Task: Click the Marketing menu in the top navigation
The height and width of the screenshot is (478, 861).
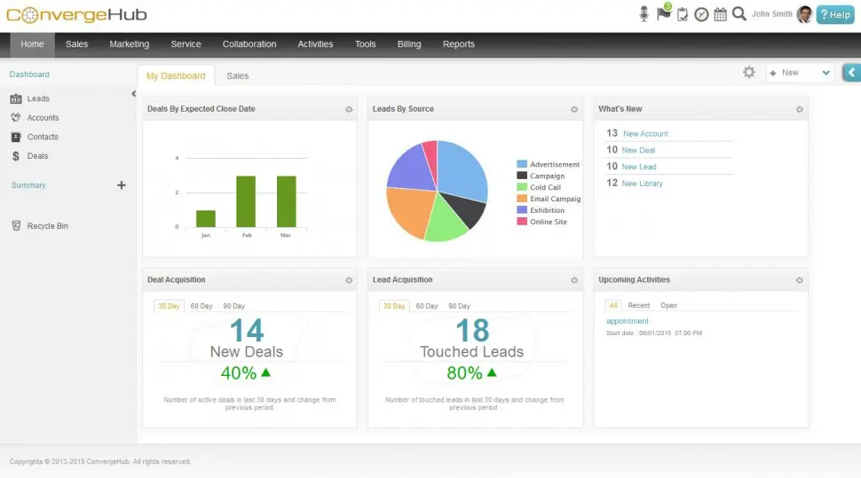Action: (129, 44)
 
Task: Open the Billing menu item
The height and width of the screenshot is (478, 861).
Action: (409, 44)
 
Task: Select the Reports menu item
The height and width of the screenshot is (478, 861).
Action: (458, 44)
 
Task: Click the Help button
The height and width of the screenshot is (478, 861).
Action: (835, 14)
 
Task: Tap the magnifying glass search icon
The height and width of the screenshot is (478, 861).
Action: (739, 14)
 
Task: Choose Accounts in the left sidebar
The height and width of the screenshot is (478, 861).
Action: (43, 118)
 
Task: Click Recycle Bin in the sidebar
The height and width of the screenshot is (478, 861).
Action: (47, 226)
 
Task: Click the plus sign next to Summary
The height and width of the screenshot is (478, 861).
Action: (122, 185)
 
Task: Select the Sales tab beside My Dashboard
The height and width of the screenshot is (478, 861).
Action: (238, 76)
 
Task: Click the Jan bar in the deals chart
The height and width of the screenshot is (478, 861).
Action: (206, 218)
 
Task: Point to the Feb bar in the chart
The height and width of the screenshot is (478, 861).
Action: (246, 201)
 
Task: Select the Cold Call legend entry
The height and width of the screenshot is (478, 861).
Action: (544, 188)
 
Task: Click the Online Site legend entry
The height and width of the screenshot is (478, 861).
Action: (548, 222)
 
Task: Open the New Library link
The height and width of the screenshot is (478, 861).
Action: (642, 184)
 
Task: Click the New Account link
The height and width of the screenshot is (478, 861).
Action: (645, 134)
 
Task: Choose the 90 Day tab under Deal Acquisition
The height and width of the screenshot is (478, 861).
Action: (234, 306)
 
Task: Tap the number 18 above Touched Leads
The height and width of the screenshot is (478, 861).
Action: (472, 331)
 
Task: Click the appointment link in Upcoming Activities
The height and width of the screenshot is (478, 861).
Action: (628, 321)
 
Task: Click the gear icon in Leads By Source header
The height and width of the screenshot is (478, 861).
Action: (574, 109)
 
